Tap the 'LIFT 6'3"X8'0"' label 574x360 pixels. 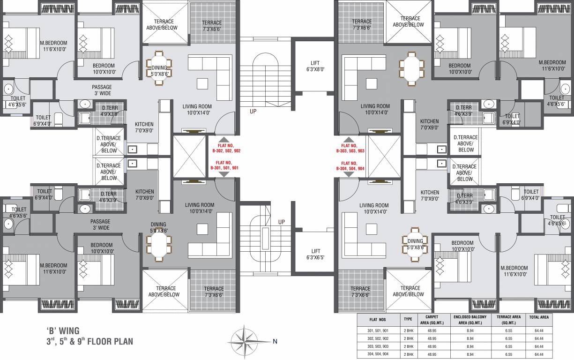click(x=314, y=66)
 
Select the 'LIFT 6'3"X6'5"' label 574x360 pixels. click(x=314, y=254)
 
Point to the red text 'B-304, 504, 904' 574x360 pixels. click(x=350, y=168)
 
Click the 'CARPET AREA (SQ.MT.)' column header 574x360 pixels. click(x=428, y=320)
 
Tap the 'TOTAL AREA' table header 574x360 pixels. click(x=538, y=317)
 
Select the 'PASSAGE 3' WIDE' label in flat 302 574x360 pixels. click(x=101, y=90)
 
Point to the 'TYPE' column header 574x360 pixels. click(x=408, y=317)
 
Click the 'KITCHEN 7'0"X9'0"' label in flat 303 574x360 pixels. click(x=429, y=124)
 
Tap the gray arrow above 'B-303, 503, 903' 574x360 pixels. click(x=349, y=139)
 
